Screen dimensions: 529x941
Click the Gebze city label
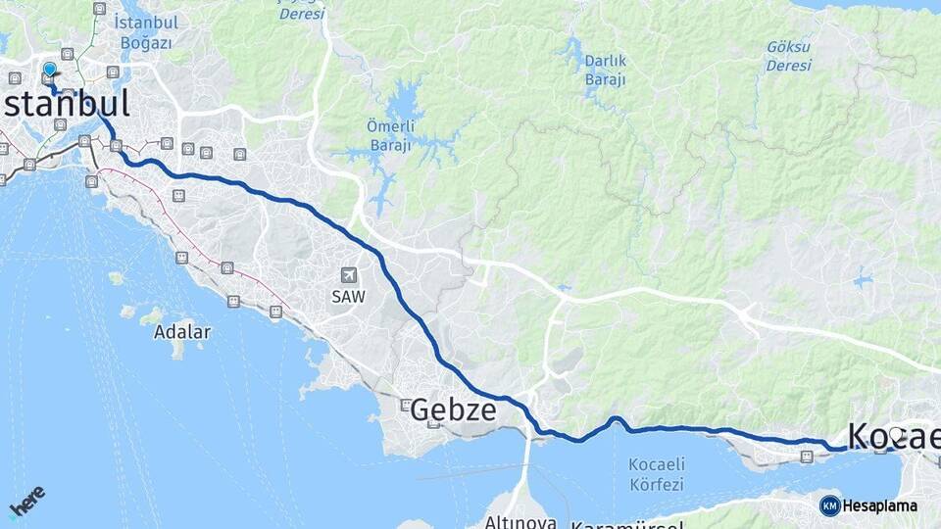pos(453,410)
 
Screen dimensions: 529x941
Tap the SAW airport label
pos(348,297)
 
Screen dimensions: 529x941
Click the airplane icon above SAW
pos(348,276)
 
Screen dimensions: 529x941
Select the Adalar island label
pos(181,332)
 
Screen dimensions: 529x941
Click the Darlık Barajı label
pos(605,70)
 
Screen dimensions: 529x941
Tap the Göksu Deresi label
pos(789,56)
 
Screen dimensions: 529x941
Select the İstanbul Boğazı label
pos(144,31)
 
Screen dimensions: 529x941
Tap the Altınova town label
pos(520,522)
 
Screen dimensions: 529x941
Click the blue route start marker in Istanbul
pos(49,70)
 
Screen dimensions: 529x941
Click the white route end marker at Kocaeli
pos(895,433)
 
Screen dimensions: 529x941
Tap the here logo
pos(26,501)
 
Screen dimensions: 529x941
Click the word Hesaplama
pos(880,506)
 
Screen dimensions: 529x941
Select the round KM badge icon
pos(829,505)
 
